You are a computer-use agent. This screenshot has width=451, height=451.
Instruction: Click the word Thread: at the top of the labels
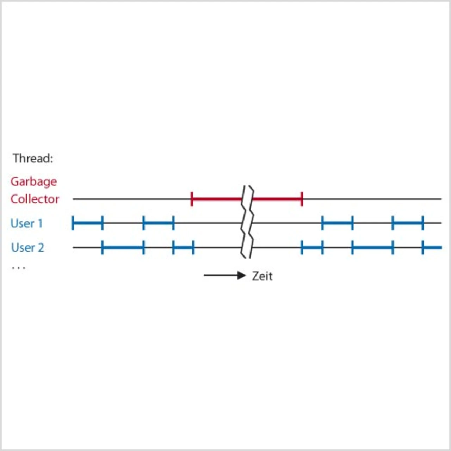tap(33, 159)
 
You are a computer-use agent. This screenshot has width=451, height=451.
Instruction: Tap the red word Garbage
tap(33, 182)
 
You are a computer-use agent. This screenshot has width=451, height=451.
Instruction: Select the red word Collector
tap(35, 199)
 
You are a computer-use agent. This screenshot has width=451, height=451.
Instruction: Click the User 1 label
tap(26, 223)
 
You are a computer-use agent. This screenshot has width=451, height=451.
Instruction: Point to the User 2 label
tap(27, 248)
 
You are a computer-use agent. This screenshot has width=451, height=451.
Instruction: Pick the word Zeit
tap(262, 276)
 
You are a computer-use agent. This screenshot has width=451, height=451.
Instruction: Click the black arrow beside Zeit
tap(224, 275)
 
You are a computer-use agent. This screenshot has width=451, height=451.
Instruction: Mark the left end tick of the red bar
tap(192, 199)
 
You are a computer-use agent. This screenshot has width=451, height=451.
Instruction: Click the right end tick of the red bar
tap(302, 199)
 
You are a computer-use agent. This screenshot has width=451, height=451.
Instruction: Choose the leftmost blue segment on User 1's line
tap(87, 223)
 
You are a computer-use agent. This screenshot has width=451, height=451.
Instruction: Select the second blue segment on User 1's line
tap(159, 223)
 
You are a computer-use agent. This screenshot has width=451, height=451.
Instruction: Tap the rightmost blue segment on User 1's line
tap(408, 223)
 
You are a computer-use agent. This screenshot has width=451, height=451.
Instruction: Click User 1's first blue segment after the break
tap(337, 223)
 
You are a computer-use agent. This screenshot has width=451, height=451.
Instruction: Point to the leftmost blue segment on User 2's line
tap(123, 248)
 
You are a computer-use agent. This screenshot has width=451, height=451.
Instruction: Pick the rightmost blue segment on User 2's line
tap(432, 248)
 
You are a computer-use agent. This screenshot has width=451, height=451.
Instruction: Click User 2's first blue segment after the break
tap(312, 248)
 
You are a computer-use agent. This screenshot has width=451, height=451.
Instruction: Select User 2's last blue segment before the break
tap(183, 248)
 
